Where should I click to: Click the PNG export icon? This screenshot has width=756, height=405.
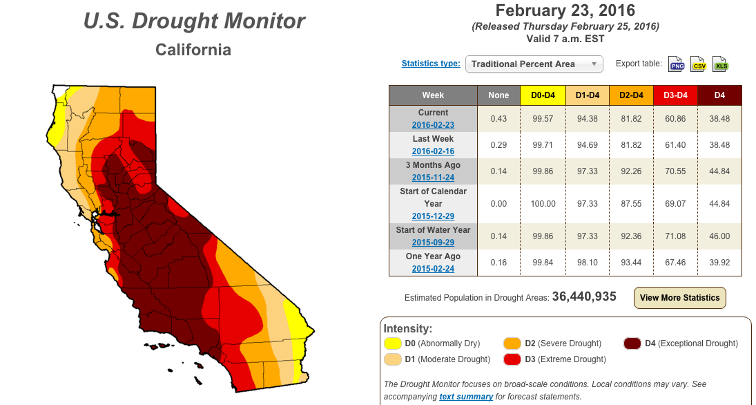coord(676,64)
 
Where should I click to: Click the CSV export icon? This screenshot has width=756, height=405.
coord(698,64)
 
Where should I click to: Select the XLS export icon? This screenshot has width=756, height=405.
coord(720,64)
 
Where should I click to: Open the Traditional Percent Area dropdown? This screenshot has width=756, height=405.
coord(534,64)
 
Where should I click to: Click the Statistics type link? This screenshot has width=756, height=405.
coord(431,63)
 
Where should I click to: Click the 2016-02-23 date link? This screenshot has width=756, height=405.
coord(433,124)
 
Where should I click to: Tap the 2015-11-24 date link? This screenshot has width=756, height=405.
coord(433,177)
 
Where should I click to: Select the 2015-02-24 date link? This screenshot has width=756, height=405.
coord(433,268)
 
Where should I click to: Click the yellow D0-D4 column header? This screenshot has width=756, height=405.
coord(543,95)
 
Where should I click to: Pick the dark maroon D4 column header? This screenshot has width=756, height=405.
coord(719,95)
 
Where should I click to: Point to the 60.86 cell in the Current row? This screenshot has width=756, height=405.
coord(675,119)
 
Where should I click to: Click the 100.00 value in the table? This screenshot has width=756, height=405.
coord(543,204)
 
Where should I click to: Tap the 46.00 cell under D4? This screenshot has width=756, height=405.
coord(719,236)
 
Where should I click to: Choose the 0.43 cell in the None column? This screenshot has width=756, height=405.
coord(498,119)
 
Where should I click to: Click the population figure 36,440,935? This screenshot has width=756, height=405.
coord(584,296)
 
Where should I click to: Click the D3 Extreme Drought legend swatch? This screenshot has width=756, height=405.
coord(512,359)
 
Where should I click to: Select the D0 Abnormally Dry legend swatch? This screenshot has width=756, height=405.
coord(392,343)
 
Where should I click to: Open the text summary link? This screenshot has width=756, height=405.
coord(466,396)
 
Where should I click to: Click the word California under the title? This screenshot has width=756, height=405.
coord(193,50)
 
